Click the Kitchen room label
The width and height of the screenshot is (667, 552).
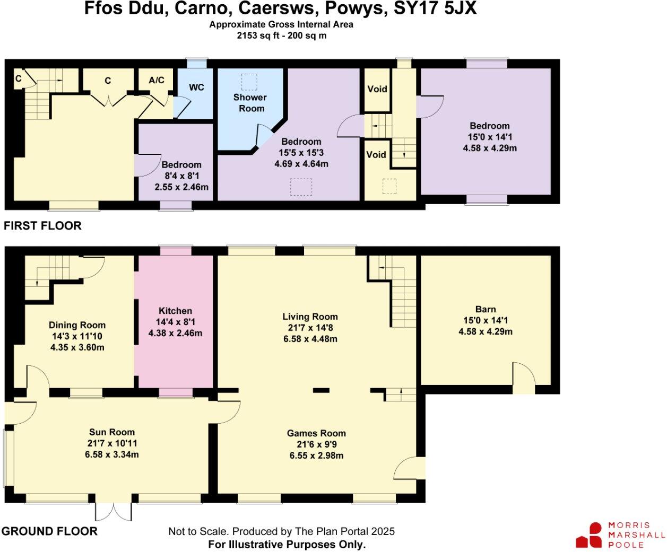pos(175,311)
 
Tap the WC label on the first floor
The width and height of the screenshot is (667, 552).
pos(196,87)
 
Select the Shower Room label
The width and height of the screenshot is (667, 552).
pos(250,103)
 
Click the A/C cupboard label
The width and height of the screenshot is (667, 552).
pos(157,80)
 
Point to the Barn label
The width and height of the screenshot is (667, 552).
pos(486,309)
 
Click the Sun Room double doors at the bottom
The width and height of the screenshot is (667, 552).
pos(113,511)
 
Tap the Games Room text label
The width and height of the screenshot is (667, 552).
pos(316,433)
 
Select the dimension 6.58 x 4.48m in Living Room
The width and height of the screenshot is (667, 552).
pos(310,339)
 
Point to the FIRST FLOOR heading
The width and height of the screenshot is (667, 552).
pos(42,225)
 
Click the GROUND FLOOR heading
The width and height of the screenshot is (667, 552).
pos(49,531)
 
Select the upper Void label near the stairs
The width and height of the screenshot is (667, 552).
pos(377,89)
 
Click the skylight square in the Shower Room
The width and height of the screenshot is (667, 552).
pos(249,82)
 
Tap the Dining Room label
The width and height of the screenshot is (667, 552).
pos(77,325)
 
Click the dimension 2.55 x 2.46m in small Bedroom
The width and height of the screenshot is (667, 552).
pos(181,187)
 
